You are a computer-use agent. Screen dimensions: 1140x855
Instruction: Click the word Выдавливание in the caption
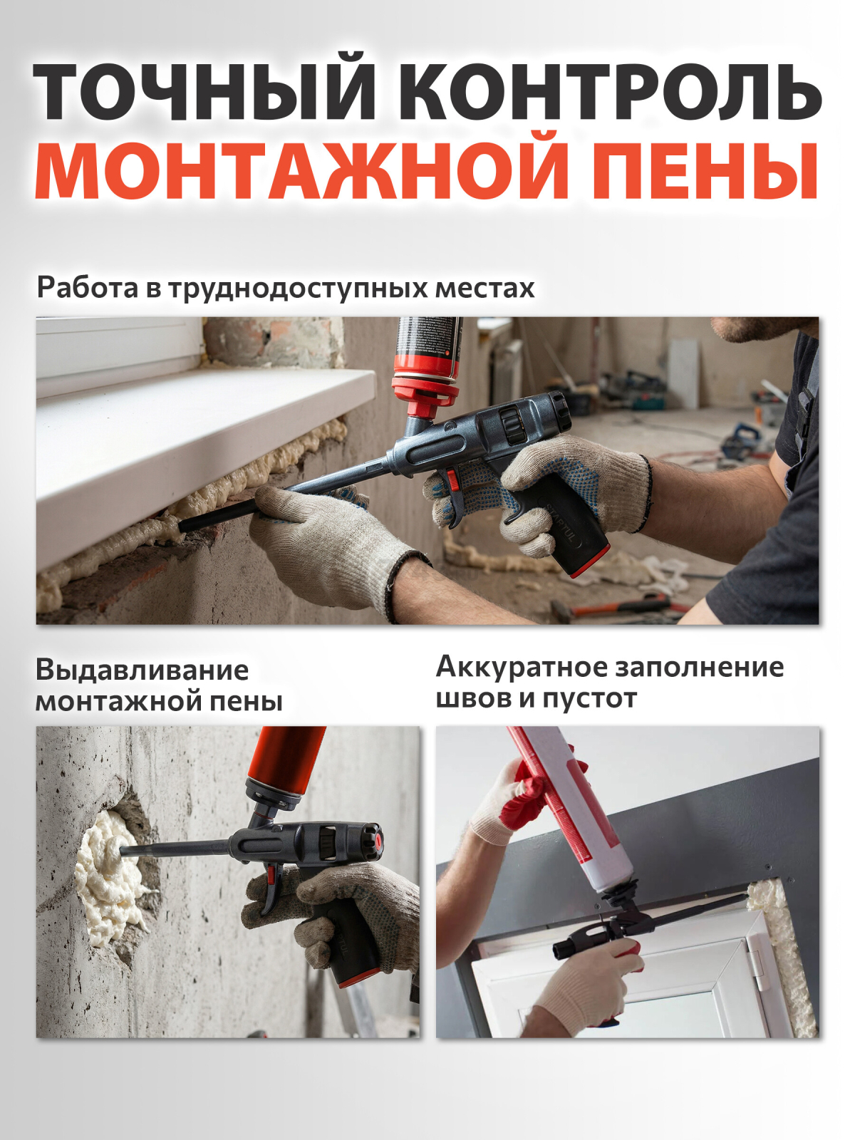tap(142, 670)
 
